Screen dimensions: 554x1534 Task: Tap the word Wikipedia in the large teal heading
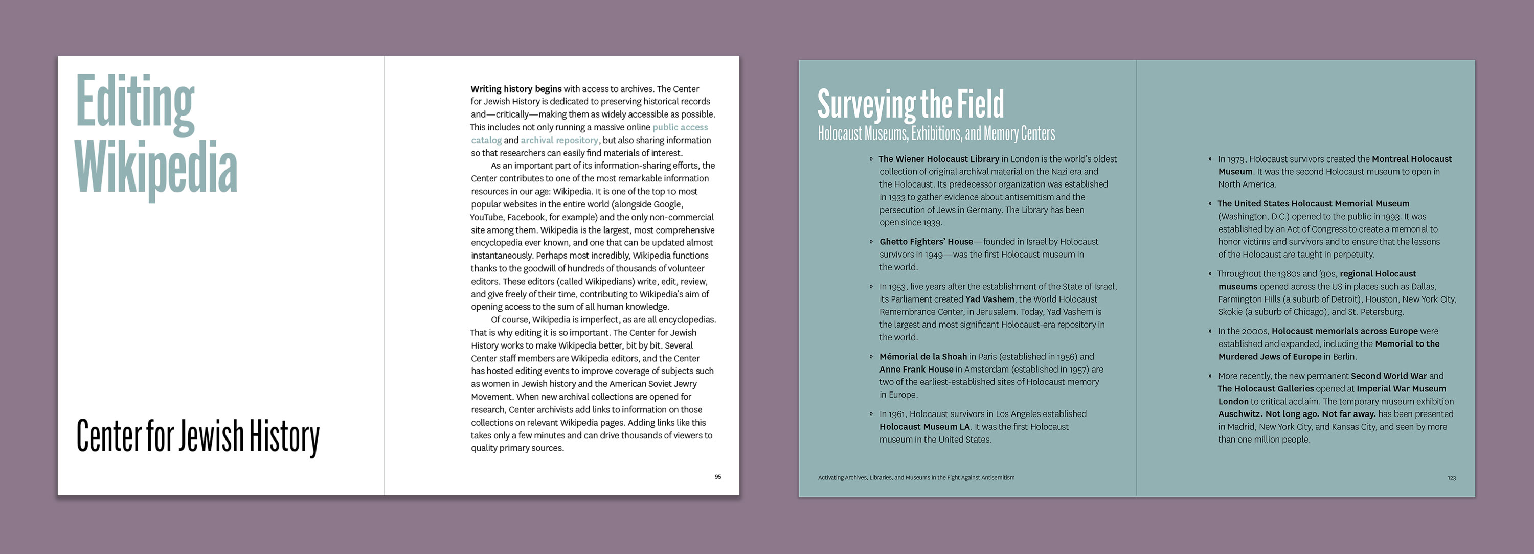[156, 169]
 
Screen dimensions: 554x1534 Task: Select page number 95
[717, 477]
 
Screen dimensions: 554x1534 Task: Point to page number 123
[1451, 478]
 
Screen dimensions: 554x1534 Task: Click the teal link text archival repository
[559, 141]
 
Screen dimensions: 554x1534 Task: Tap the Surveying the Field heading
[910, 104]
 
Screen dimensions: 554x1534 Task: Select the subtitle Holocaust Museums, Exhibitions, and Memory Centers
[936, 133]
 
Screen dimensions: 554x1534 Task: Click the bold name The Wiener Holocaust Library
[938, 159]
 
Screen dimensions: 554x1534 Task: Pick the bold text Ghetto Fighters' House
[926, 242]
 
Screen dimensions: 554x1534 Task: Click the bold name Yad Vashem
[990, 299]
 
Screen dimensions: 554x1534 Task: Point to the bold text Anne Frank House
[916, 370]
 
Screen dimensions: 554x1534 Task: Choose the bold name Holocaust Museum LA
[924, 427]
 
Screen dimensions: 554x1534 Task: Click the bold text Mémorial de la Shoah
[923, 356]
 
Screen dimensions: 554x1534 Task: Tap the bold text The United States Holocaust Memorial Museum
[1313, 203]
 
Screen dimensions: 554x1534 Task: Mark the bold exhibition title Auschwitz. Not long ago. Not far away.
[1296, 414]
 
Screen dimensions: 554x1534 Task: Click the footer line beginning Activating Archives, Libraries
[916, 477]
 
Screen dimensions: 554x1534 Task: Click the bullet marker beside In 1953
[871, 287]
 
